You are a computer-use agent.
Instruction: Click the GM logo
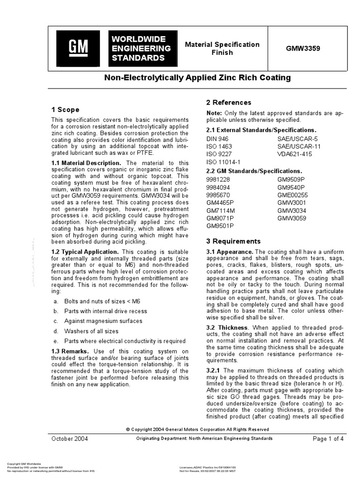(x=78, y=48)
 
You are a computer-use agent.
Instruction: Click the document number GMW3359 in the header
(x=303, y=48)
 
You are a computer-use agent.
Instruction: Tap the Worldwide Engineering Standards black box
(x=140, y=48)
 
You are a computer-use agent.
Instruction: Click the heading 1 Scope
(x=65, y=110)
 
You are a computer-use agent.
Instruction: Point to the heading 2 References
(x=229, y=102)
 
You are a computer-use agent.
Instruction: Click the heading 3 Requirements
(x=233, y=241)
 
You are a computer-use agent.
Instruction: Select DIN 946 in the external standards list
(x=217, y=139)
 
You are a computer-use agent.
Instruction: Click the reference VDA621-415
(x=294, y=154)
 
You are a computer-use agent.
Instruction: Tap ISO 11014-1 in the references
(x=222, y=162)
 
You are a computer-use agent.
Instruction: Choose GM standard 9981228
(x=218, y=180)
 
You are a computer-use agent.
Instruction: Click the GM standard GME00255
(x=292, y=195)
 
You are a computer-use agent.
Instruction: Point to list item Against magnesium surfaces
(x=97, y=321)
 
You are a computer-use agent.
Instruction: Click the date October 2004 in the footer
(x=69, y=439)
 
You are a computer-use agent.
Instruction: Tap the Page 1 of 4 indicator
(x=328, y=439)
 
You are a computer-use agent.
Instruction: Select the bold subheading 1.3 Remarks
(x=70, y=351)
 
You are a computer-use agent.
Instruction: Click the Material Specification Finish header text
(x=222, y=48)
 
